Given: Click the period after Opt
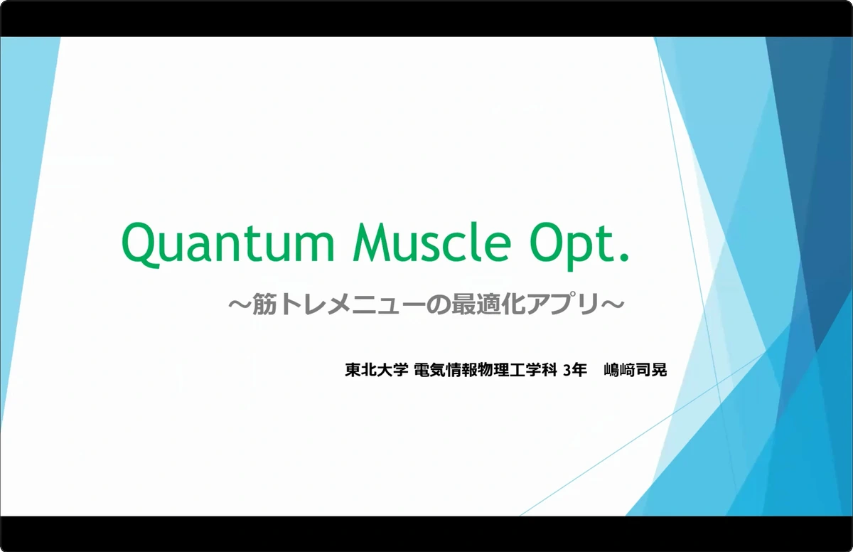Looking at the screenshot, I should tap(625, 255).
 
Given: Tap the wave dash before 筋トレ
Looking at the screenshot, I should tap(237, 305).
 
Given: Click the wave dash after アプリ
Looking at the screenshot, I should tap(613, 305).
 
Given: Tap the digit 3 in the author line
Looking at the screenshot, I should tap(567, 370).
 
